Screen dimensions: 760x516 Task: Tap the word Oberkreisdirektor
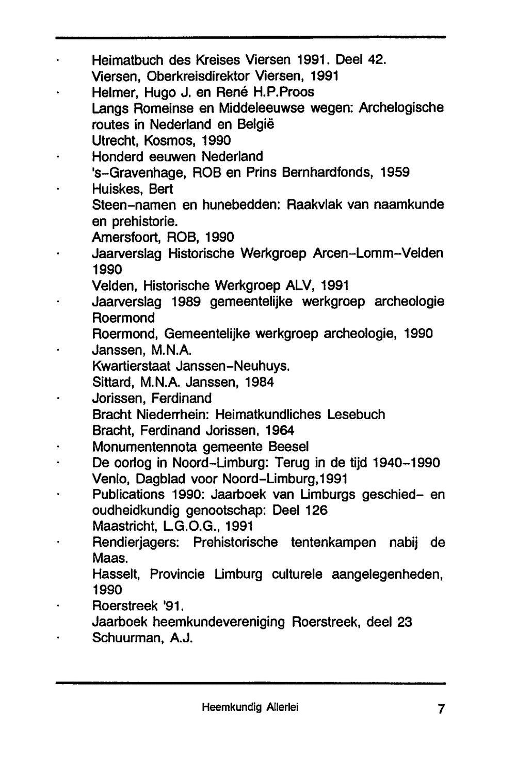tap(198, 76)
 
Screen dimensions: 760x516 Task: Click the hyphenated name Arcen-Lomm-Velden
tap(378, 254)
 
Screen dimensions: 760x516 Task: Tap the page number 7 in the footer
tap(440, 709)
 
